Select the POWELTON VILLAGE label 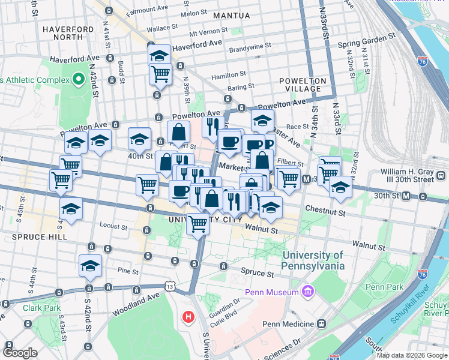pos(303,85)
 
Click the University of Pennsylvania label pos(313,260)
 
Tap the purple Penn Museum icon pos(309,292)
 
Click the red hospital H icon pos(188,316)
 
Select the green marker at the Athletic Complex pos(78,79)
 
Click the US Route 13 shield pos(170,287)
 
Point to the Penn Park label pos(384,287)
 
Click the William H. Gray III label pos(415,175)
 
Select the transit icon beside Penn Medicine pos(322,324)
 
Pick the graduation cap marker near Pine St pos(91,265)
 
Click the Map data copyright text pos(411,355)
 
